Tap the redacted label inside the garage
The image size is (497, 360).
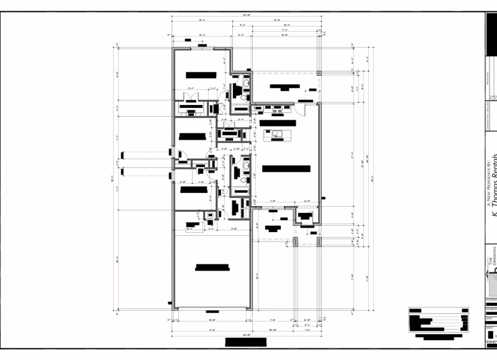coord(212,268)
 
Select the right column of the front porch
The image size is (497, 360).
coord(319,240)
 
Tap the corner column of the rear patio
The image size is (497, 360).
coord(319,73)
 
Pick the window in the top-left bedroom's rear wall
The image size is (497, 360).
coord(198,48)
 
